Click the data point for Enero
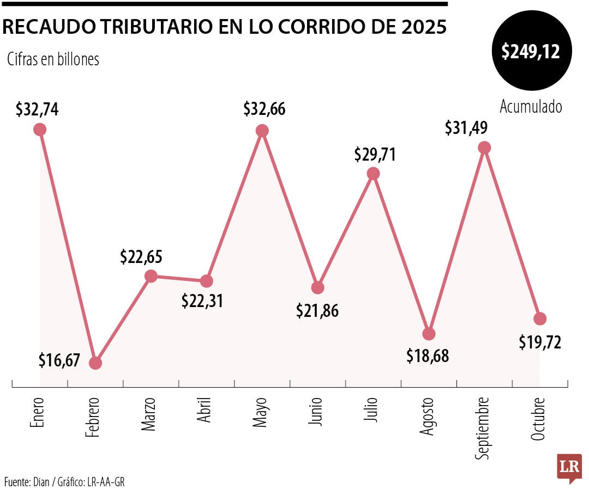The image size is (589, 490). tap(39, 129)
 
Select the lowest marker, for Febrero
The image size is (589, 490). tap(95, 363)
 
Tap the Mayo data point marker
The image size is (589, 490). tap(262, 131)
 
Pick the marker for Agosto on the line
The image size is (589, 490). tap(429, 334)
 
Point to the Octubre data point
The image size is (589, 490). tap(540, 318)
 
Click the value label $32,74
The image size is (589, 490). tap(37, 109)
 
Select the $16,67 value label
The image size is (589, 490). tap(59, 360)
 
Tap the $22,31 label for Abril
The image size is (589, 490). tap(202, 301)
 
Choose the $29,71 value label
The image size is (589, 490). tap(375, 154)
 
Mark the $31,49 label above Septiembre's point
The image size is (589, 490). tap(466, 127)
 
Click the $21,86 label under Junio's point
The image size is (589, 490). tap(317, 310)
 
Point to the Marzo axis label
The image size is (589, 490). tap(149, 415)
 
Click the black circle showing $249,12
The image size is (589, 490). tap(531, 52)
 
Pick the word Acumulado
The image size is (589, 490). tap(531, 107)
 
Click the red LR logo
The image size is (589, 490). tap(569, 468)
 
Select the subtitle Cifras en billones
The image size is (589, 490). tap(53, 59)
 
